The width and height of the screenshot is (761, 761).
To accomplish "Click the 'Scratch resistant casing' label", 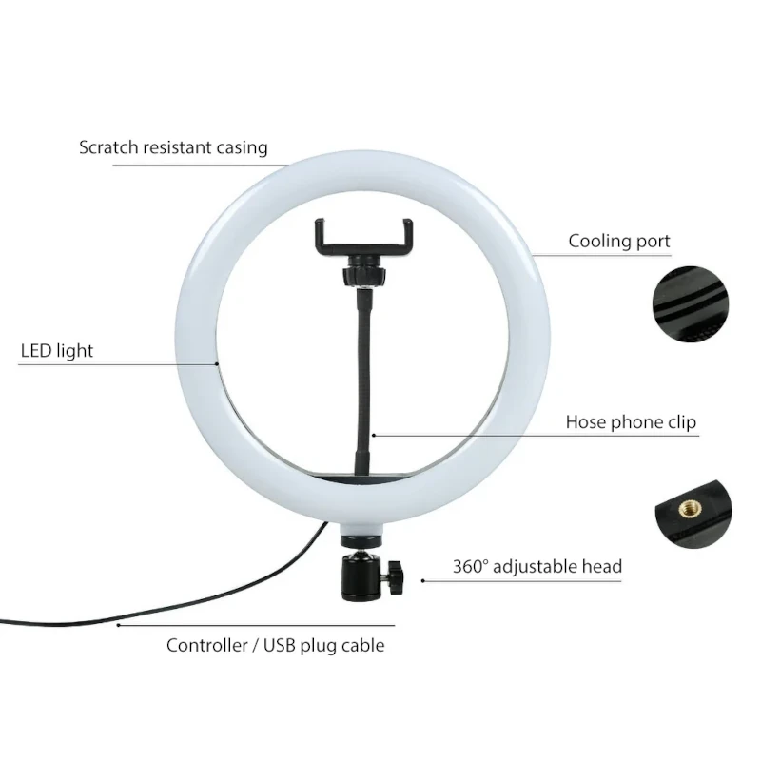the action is click(x=173, y=147).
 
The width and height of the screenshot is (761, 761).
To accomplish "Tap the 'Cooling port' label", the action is click(x=619, y=242).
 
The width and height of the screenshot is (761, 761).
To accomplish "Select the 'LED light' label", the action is click(x=57, y=350).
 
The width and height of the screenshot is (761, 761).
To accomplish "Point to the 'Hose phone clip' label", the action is click(x=631, y=421).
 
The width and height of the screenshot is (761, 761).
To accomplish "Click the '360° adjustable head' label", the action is click(x=537, y=566).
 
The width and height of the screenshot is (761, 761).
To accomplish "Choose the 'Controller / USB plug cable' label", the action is click(x=275, y=646).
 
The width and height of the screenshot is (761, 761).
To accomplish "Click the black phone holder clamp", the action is click(x=364, y=238).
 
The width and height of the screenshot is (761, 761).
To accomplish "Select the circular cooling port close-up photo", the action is click(x=691, y=304).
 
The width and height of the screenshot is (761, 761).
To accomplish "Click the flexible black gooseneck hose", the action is click(x=363, y=382).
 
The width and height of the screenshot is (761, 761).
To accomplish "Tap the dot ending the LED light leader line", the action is click(x=217, y=363).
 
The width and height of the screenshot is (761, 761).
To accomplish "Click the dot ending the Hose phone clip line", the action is click(x=373, y=435).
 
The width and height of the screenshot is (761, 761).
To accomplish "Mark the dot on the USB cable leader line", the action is click(x=118, y=625).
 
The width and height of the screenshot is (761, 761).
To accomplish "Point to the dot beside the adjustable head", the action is click(x=423, y=580).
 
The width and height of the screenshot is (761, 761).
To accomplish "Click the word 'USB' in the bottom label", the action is click(x=280, y=646).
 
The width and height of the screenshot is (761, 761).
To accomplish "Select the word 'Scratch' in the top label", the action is click(x=108, y=147).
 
